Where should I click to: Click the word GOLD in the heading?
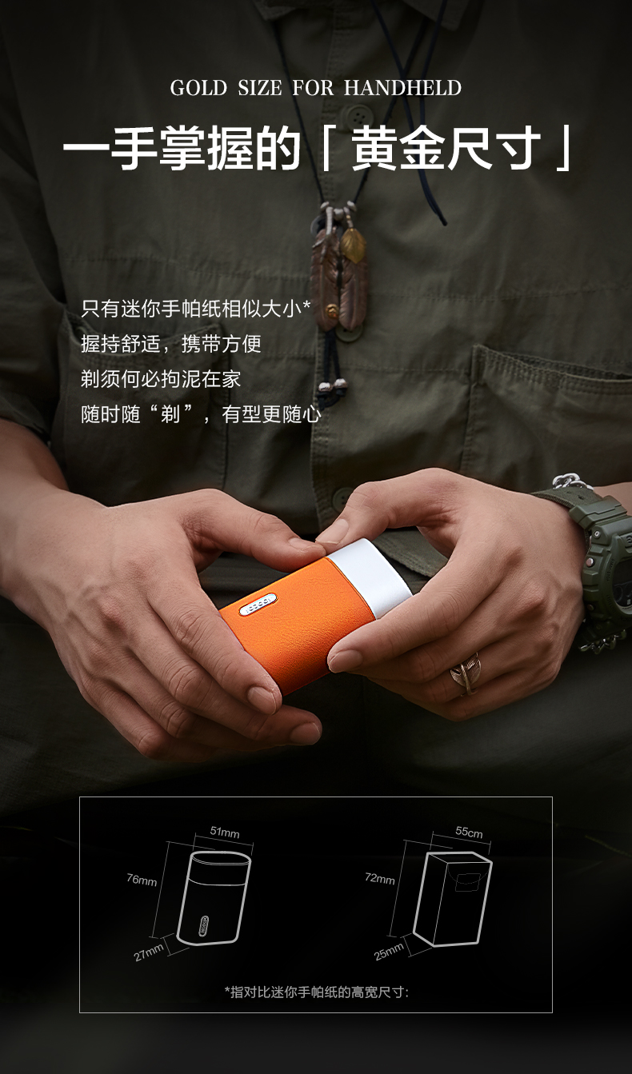pyautogui.click(x=198, y=88)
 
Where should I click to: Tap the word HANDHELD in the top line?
pyautogui.click(x=402, y=88)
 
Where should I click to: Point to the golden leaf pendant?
pyautogui.click(x=353, y=245)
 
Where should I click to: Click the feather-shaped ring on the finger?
pyautogui.click(x=465, y=673)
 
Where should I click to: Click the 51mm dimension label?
pyautogui.click(x=225, y=832)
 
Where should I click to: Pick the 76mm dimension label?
pyautogui.click(x=142, y=880)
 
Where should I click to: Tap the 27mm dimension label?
pyautogui.click(x=148, y=952)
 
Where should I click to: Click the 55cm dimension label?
pyautogui.click(x=469, y=832)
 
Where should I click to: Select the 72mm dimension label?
pyautogui.click(x=380, y=878)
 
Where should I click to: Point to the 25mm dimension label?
pyautogui.click(x=389, y=952)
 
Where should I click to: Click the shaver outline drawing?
pyautogui.click(x=214, y=897)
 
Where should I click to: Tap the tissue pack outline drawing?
pyautogui.click(x=453, y=899)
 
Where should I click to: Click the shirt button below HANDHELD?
pyautogui.click(x=356, y=114)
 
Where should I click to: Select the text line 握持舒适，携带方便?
pyautogui.click(x=171, y=344)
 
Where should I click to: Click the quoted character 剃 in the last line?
pyautogui.click(x=170, y=413)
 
